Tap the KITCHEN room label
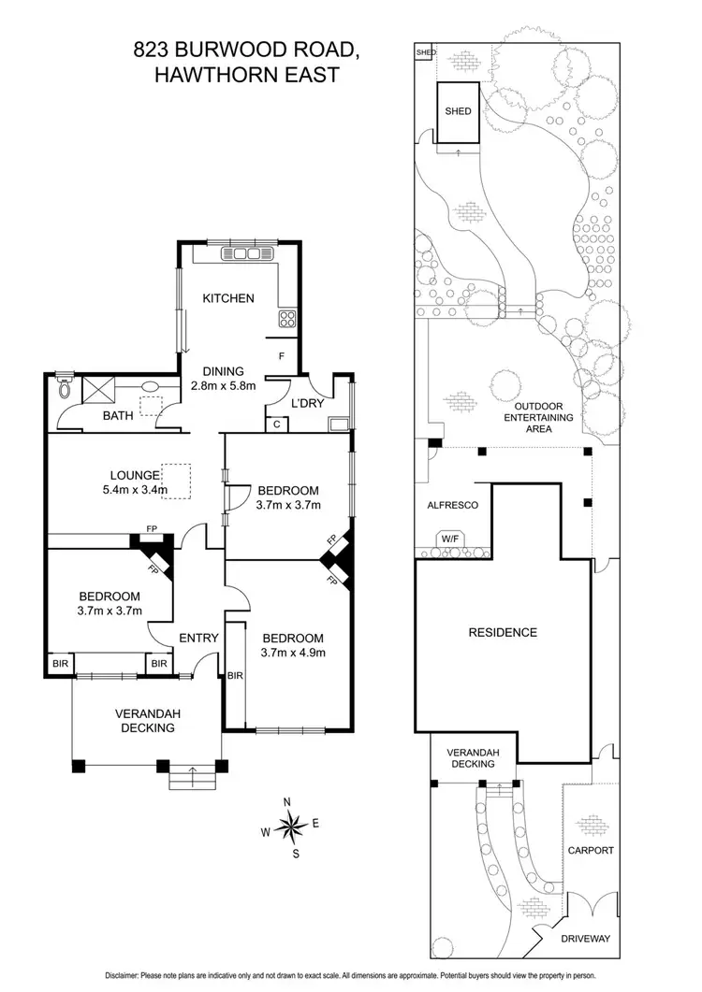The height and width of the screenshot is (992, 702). [x=228, y=299]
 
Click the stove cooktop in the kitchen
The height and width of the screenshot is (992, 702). [x=286, y=320]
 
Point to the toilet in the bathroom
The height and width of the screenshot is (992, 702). [x=64, y=384]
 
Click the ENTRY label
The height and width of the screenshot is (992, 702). [x=199, y=639]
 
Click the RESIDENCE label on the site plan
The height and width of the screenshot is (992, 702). [x=503, y=632]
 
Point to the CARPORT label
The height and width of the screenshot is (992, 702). [x=590, y=851]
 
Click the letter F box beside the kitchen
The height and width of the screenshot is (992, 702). [x=282, y=356]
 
